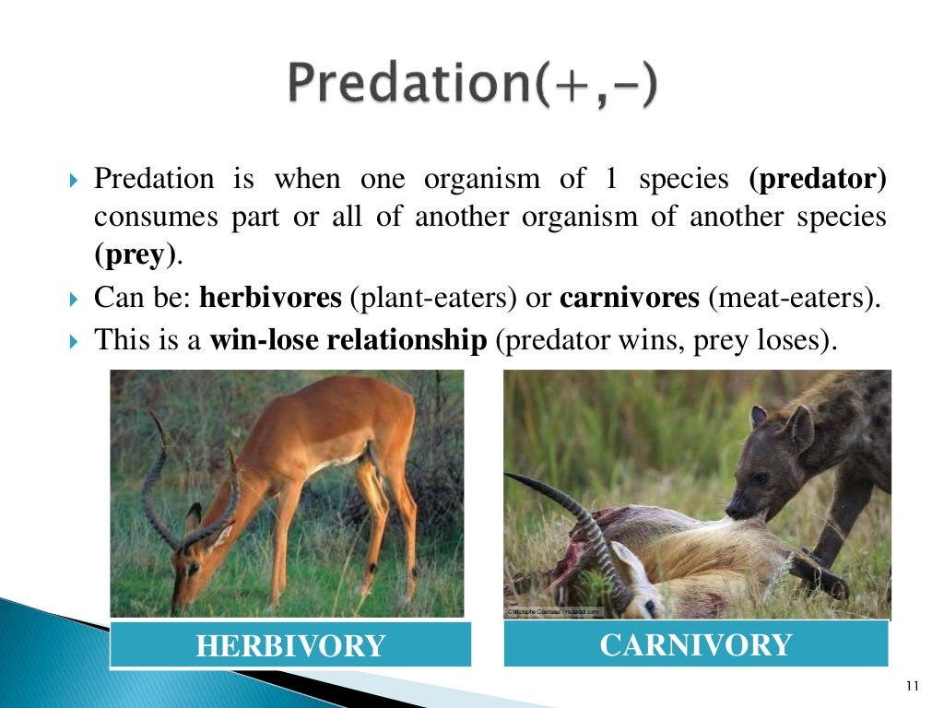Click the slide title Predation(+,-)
point(472,86)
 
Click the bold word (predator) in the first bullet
point(818,180)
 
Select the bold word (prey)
point(136,256)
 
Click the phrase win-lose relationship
point(348,341)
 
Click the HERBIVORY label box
point(290,644)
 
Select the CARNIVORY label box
point(695,643)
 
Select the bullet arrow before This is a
point(77,342)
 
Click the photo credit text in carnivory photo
point(553,611)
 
